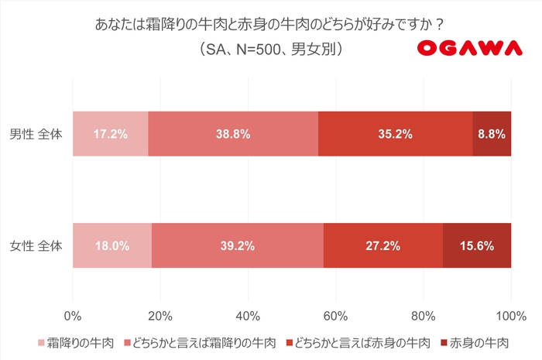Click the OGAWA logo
470,49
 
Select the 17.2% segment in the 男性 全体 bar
110,134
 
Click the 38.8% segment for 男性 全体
233,134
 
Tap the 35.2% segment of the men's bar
395,134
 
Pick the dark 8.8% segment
492,134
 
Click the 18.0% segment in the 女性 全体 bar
112,246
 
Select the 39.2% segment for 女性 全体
238,246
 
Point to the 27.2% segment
382,246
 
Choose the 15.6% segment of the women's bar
477,246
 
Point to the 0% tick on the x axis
73,315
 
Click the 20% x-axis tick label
160,315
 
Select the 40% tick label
248,315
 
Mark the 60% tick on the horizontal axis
335,315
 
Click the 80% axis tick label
423,315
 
